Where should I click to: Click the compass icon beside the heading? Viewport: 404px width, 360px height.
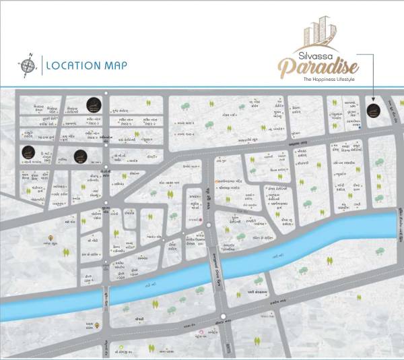[28, 66]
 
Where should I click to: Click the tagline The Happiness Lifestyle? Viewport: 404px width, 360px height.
[328, 80]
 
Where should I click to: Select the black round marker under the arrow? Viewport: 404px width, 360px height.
[373, 111]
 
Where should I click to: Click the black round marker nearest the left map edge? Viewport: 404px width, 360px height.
[28, 152]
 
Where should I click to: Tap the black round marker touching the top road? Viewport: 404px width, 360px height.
[93, 104]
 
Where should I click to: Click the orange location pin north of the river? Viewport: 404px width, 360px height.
[53, 239]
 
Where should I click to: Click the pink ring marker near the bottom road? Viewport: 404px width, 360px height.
[200, 334]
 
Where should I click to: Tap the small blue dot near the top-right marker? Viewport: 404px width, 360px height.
[360, 126]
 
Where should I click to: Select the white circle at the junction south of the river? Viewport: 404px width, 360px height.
[224, 316]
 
